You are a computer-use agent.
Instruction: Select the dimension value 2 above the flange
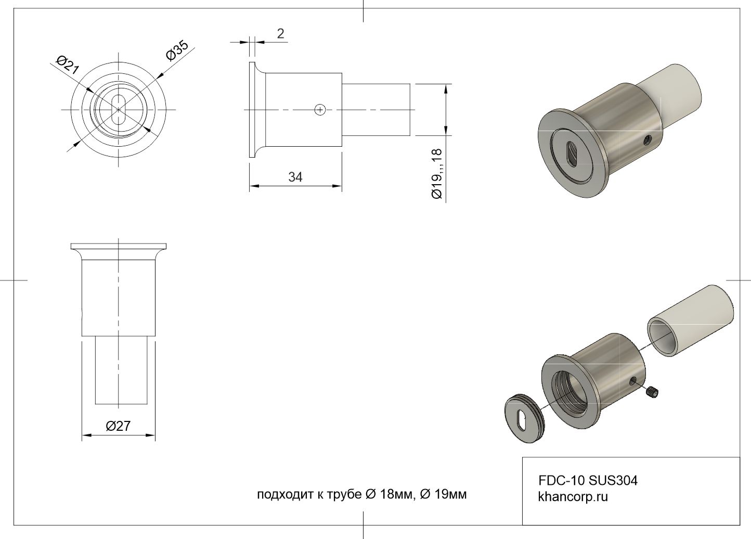click(281, 33)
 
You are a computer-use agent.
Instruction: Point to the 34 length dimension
click(295, 177)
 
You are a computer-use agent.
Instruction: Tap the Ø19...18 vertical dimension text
click(437, 174)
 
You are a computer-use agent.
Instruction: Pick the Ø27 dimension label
click(118, 426)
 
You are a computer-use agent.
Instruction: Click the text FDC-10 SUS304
click(588, 481)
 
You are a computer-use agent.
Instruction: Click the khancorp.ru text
click(573, 497)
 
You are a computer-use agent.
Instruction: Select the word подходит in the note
click(284, 495)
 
